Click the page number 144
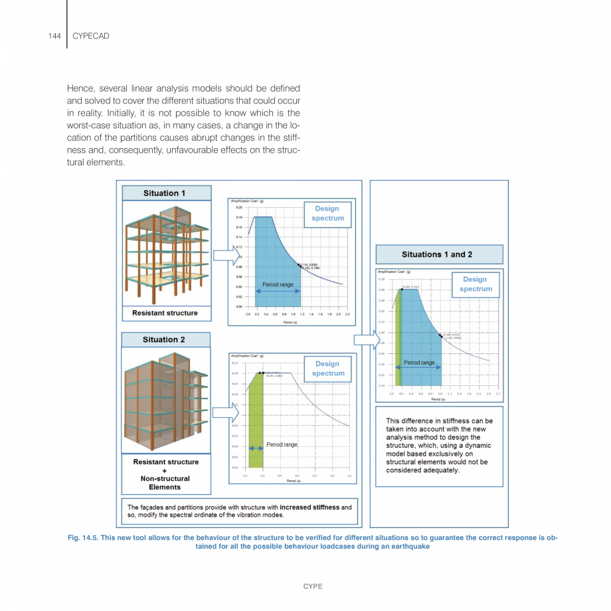point(54,36)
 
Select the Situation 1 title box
point(167,193)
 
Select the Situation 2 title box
point(165,339)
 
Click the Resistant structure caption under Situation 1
point(165,313)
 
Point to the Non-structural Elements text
point(165,483)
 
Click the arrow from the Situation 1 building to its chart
point(224,254)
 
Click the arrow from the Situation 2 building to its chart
point(224,412)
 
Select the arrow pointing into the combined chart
point(365,340)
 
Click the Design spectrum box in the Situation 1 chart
point(327,213)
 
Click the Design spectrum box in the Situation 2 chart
point(327,369)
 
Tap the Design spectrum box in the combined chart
point(476,284)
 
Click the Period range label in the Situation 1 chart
point(278,285)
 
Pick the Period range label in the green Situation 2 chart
point(282,444)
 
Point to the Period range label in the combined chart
point(419,363)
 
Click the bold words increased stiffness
point(310,507)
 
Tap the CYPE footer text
point(313,586)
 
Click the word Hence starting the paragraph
point(79,88)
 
